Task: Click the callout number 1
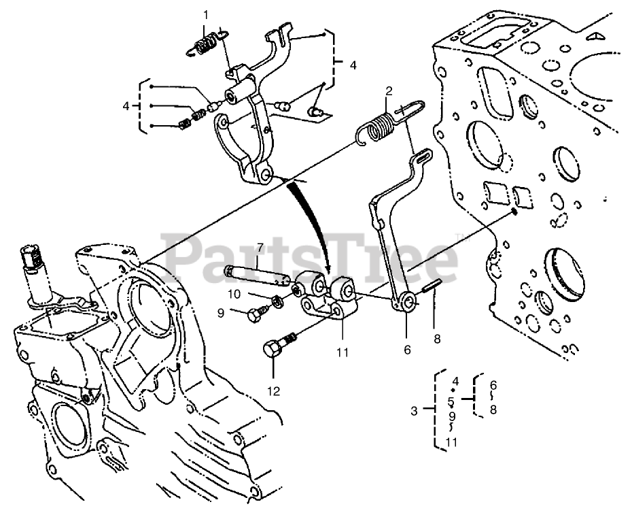click(x=206, y=14)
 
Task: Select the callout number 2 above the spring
click(x=389, y=90)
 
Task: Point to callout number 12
click(x=273, y=391)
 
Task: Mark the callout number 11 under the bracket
click(x=342, y=352)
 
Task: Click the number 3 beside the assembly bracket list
click(x=414, y=411)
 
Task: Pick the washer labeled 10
click(x=278, y=301)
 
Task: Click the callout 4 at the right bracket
click(x=353, y=66)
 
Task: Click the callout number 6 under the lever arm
click(x=407, y=350)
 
